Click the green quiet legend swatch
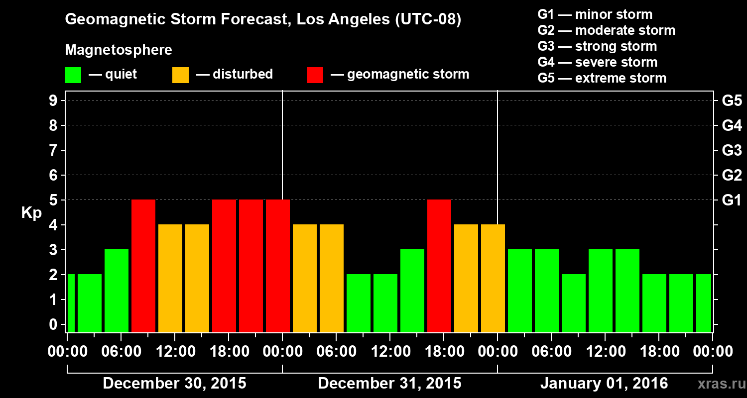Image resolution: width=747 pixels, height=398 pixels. (73, 75)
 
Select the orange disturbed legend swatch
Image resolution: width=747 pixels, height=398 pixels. (180, 75)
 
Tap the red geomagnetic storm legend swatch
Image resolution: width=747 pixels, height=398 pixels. (315, 75)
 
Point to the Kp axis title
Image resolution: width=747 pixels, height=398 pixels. (31, 212)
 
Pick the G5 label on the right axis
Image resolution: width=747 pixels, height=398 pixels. (732, 101)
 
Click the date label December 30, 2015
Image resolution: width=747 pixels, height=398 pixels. (174, 384)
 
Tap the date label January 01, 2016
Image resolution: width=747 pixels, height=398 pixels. (604, 384)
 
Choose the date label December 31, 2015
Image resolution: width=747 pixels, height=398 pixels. (389, 384)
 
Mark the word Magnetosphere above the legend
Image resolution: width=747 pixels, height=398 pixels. (119, 50)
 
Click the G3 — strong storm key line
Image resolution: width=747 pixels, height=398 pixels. (597, 46)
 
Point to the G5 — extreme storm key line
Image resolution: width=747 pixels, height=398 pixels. (602, 78)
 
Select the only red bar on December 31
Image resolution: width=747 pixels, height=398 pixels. (439, 266)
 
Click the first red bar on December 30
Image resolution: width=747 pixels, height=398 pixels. (143, 266)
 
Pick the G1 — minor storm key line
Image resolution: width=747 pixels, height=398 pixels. (595, 14)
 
